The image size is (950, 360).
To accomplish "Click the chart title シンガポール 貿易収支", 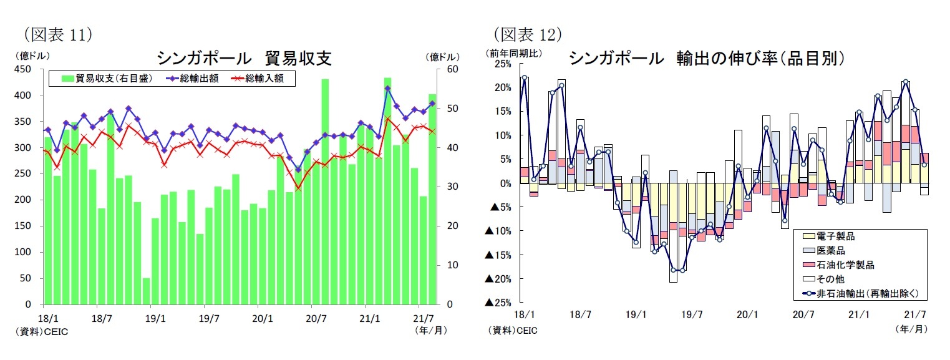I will [x=243, y=59].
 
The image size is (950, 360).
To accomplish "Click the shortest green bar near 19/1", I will [x=147, y=291].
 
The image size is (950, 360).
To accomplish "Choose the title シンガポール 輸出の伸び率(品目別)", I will [x=706, y=59].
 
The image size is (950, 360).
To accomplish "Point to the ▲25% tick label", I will [x=498, y=303].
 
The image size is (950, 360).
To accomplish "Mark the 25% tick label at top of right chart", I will [x=502, y=64].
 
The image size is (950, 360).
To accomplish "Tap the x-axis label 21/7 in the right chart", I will [x=913, y=315].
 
